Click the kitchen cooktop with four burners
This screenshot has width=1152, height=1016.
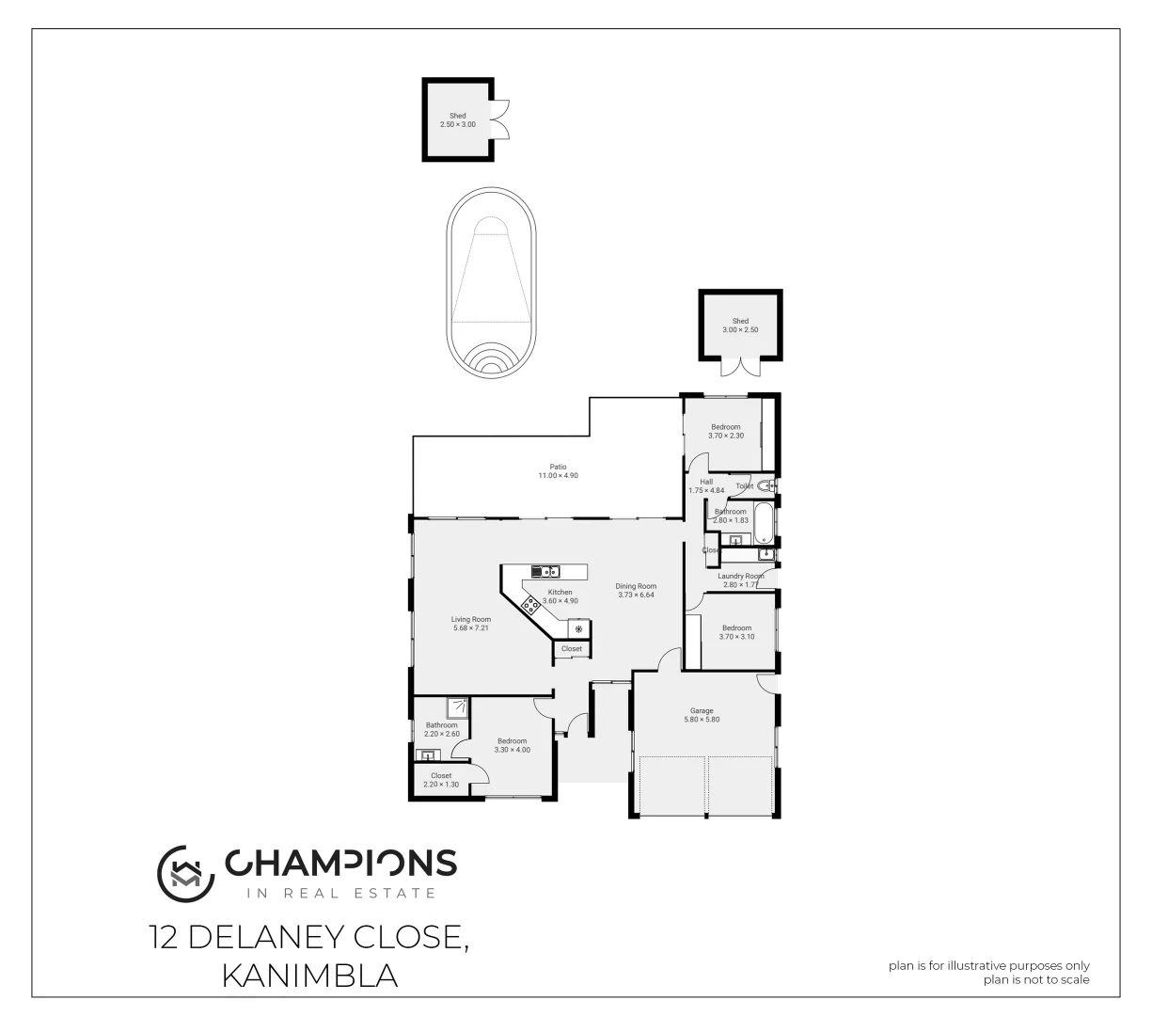pyautogui.click(x=529, y=605)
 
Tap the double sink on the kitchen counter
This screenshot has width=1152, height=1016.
pyautogui.click(x=545, y=570)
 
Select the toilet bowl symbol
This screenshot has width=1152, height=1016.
pyautogui.click(x=765, y=486)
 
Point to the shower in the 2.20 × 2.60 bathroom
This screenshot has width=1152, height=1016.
pyautogui.click(x=458, y=706)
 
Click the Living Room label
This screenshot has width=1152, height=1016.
pyautogui.click(x=471, y=619)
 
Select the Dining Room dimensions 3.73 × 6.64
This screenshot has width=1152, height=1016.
pyautogui.click(x=636, y=595)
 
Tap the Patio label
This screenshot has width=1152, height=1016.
pyautogui.click(x=558, y=466)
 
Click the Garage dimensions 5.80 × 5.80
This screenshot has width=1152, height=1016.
pyautogui.click(x=702, y=720)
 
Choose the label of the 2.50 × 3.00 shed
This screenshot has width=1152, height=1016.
pyautogui.click(x=457, y=116)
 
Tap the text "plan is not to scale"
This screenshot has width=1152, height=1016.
pyautogui.click(x=1036, y=979)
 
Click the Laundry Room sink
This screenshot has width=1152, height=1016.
pyautogui.click(x=765, y=554)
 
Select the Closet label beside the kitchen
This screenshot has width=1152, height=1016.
pyautogui.click(x=572, y=649)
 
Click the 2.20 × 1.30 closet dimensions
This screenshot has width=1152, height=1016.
pyautogui.click(x=441, y=785)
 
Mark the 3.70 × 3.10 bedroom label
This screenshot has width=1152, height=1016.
pyautogui.click(x=737, y=627)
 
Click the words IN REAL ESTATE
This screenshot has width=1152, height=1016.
pyautogui.click(x=340, y=893)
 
